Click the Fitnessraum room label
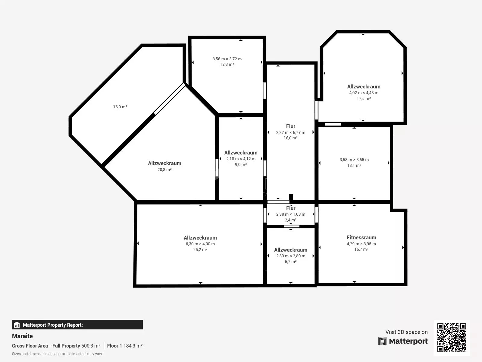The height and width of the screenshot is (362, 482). [x=361, y=237]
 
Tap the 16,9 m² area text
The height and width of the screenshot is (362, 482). [x=120, y=107]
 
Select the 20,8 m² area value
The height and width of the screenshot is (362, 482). [x=164, y=170]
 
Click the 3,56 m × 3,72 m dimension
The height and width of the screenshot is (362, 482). [x=227, y=59]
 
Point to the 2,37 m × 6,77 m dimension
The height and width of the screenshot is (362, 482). [x=290, y=132]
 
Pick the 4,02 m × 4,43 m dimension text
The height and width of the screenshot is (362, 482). [x=364, y=93]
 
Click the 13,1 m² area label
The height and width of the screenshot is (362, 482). [x=354, y=165]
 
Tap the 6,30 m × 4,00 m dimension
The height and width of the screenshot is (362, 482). [x=200, y=244]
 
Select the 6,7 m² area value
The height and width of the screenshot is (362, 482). [x=290, y=262]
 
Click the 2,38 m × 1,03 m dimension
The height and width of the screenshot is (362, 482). [x=290, y=214]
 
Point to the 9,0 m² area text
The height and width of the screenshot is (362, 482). [x=241, y=164]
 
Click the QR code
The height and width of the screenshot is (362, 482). [x=452, y=338]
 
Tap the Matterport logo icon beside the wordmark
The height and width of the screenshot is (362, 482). [x=382, y=341]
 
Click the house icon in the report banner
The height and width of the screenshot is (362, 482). [x=17, y=325]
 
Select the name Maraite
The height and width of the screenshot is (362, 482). [x=22, y=336]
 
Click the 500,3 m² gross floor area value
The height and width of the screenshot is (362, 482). [x=91, y=346]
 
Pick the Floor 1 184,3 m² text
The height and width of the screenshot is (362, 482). [x=125, y=346]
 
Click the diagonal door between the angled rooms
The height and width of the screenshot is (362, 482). [x=170, y=99]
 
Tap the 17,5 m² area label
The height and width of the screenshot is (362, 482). [x=364, y=98]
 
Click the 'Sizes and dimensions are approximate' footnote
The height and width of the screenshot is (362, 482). [x=57, y=354]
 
